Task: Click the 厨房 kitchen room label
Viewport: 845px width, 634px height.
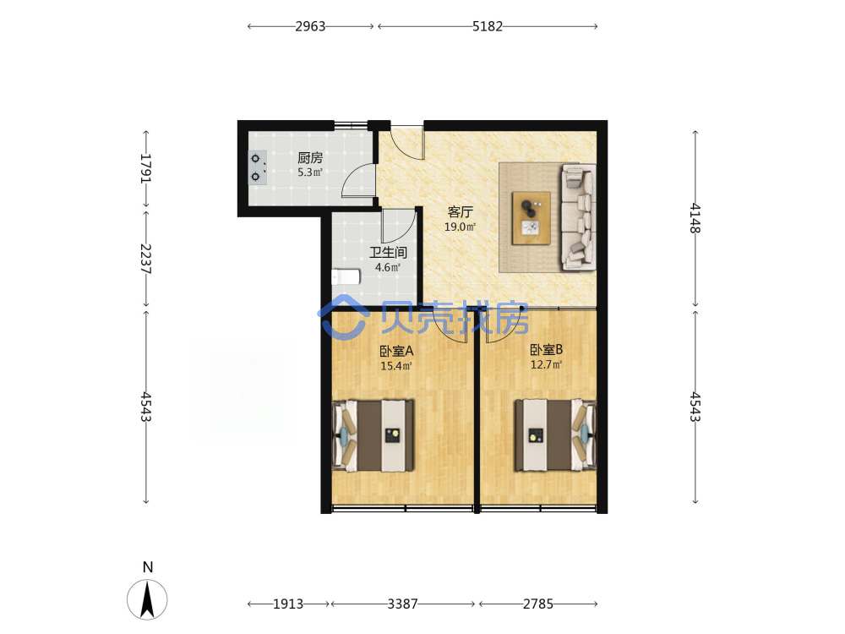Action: [310, 158]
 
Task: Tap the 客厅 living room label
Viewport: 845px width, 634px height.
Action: [460, 212]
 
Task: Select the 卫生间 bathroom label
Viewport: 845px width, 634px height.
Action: [388, 252]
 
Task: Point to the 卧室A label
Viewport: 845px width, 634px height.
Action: [396, 352]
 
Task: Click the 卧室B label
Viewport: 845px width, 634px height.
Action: [547, 350]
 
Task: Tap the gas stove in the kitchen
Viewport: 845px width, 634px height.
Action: [258, 167]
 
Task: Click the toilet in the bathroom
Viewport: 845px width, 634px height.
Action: [346, 277]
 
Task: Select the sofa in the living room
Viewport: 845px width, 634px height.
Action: [578, 216]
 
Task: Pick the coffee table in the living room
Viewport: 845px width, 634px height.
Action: [531, 218]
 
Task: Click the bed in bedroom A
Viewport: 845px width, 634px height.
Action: [373, 435]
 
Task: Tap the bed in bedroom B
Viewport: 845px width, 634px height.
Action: [556, 435]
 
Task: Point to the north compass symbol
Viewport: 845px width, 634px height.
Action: [147, 599]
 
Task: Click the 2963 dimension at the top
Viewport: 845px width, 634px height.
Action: [310, 26]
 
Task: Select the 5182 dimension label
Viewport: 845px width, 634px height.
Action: [488, 26]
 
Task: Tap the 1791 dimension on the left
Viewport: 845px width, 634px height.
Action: [146, 168]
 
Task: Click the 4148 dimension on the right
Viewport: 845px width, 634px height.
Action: [695, 218]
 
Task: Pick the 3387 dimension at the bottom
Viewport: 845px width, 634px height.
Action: [402, 604]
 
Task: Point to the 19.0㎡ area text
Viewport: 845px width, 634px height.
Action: [460, 227]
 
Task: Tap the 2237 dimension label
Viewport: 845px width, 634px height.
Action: [146, 259]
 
